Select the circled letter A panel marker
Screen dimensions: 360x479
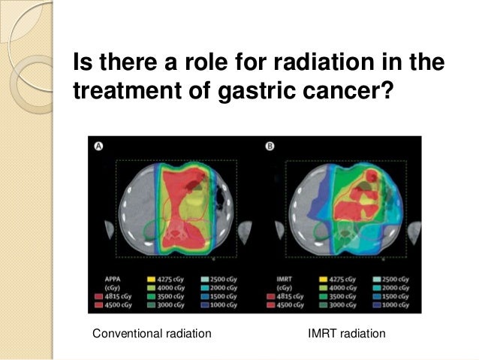point(98,146)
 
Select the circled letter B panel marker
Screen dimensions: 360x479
point(268,146)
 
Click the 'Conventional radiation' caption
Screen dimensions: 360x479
point(151,332)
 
